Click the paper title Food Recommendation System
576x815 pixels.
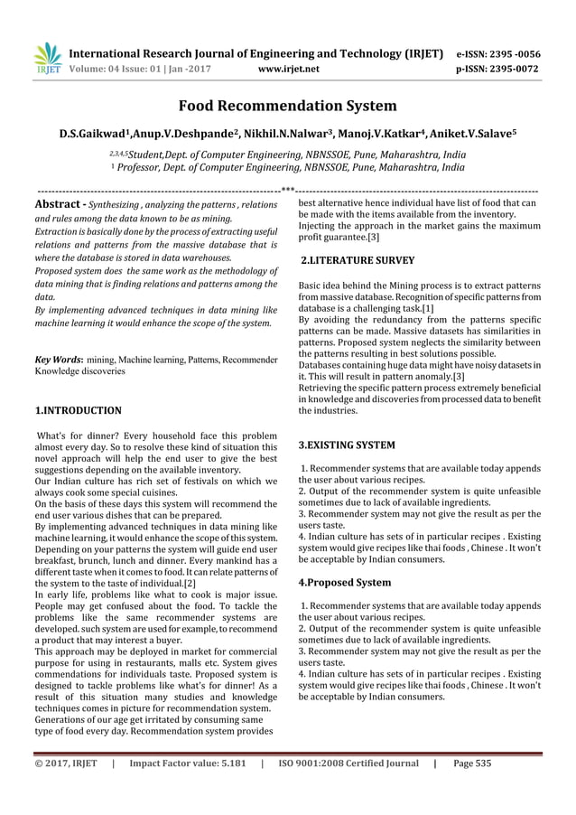coord(287,106)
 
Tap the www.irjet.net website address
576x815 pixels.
coord(286,67)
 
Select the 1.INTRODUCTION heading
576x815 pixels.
coord(78,410)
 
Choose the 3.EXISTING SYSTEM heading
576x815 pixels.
coord(346,445)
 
